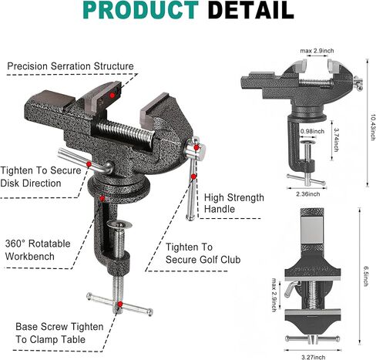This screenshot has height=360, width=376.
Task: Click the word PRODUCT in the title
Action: tap(141, 10)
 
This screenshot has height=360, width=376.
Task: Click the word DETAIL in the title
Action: tap(251, 10)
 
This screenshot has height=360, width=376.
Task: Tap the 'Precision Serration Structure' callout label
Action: tap(70, 66)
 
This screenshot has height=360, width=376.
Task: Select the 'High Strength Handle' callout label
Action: tap(234, 204)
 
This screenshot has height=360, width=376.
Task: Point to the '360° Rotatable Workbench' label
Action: tap(38, 250)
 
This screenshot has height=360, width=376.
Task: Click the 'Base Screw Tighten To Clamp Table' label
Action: tap(59, 333)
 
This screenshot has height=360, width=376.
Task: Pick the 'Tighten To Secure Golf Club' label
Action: tap(203, 254)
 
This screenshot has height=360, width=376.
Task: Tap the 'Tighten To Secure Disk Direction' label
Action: tap(41, 177)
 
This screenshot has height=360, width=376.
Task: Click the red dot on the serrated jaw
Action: tap(112, 96)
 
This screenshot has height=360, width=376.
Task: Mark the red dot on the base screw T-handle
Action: tap(120, 304)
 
